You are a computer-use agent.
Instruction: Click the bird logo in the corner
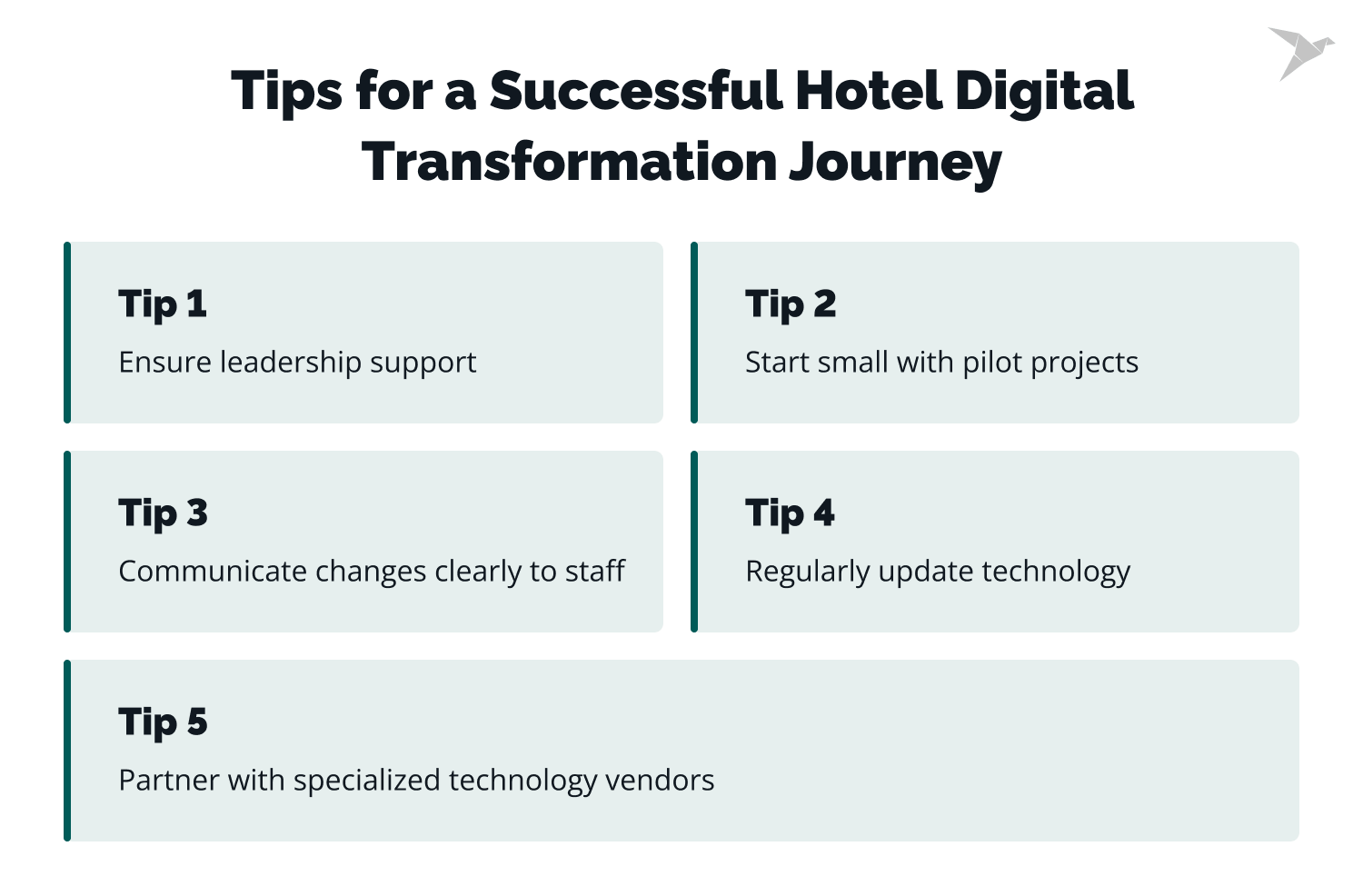tap(1300, 52)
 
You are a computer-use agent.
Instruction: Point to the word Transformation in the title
tap(569, 162)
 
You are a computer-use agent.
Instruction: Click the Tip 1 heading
tap(163, 304)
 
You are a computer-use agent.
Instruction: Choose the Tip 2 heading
tap(790, 304)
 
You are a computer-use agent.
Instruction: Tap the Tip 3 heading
tap(163, 513)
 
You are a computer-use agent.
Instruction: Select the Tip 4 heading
tap(790, 513)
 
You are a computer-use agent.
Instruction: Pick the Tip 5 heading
tap(163, 722)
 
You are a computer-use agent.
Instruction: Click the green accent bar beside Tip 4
tap(694, 542)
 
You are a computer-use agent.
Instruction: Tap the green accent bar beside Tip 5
tap(67, 751)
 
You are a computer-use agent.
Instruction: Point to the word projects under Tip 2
tap(1084, 363)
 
